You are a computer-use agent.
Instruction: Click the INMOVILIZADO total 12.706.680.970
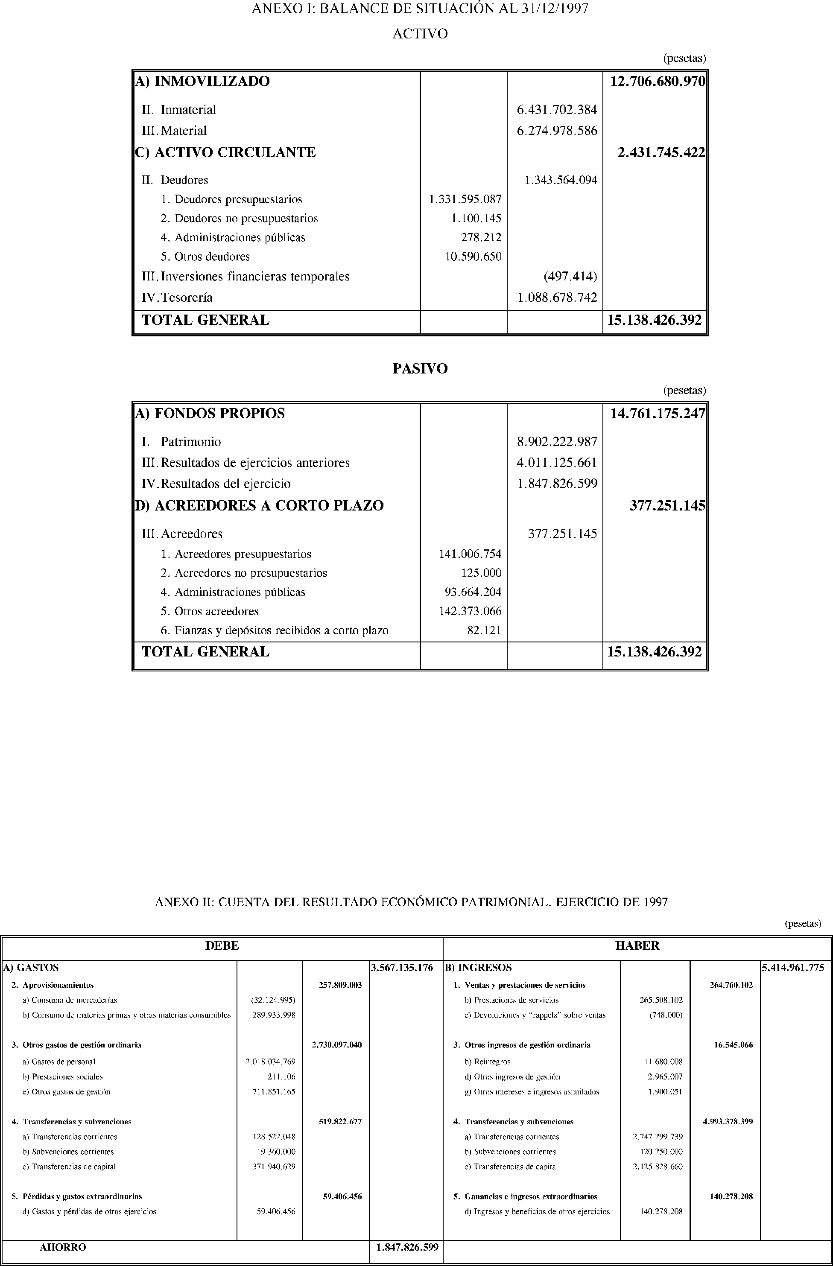point(658,82)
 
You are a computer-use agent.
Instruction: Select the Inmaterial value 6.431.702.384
point(557,110)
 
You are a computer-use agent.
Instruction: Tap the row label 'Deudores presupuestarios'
point(238,199)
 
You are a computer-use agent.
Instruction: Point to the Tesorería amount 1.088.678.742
point(557,298)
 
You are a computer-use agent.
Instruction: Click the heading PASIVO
point(420,369)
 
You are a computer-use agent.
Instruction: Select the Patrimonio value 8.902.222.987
point(557,441)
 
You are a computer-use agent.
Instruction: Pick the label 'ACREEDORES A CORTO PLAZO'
point(269,505)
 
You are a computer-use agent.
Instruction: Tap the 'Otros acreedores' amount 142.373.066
point(470,611)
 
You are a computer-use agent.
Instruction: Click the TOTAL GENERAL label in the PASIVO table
point(205,652)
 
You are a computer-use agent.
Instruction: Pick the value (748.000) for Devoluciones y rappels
point(666,1015)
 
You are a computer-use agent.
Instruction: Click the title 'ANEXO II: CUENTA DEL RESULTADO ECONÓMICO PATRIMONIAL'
point(411,902)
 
